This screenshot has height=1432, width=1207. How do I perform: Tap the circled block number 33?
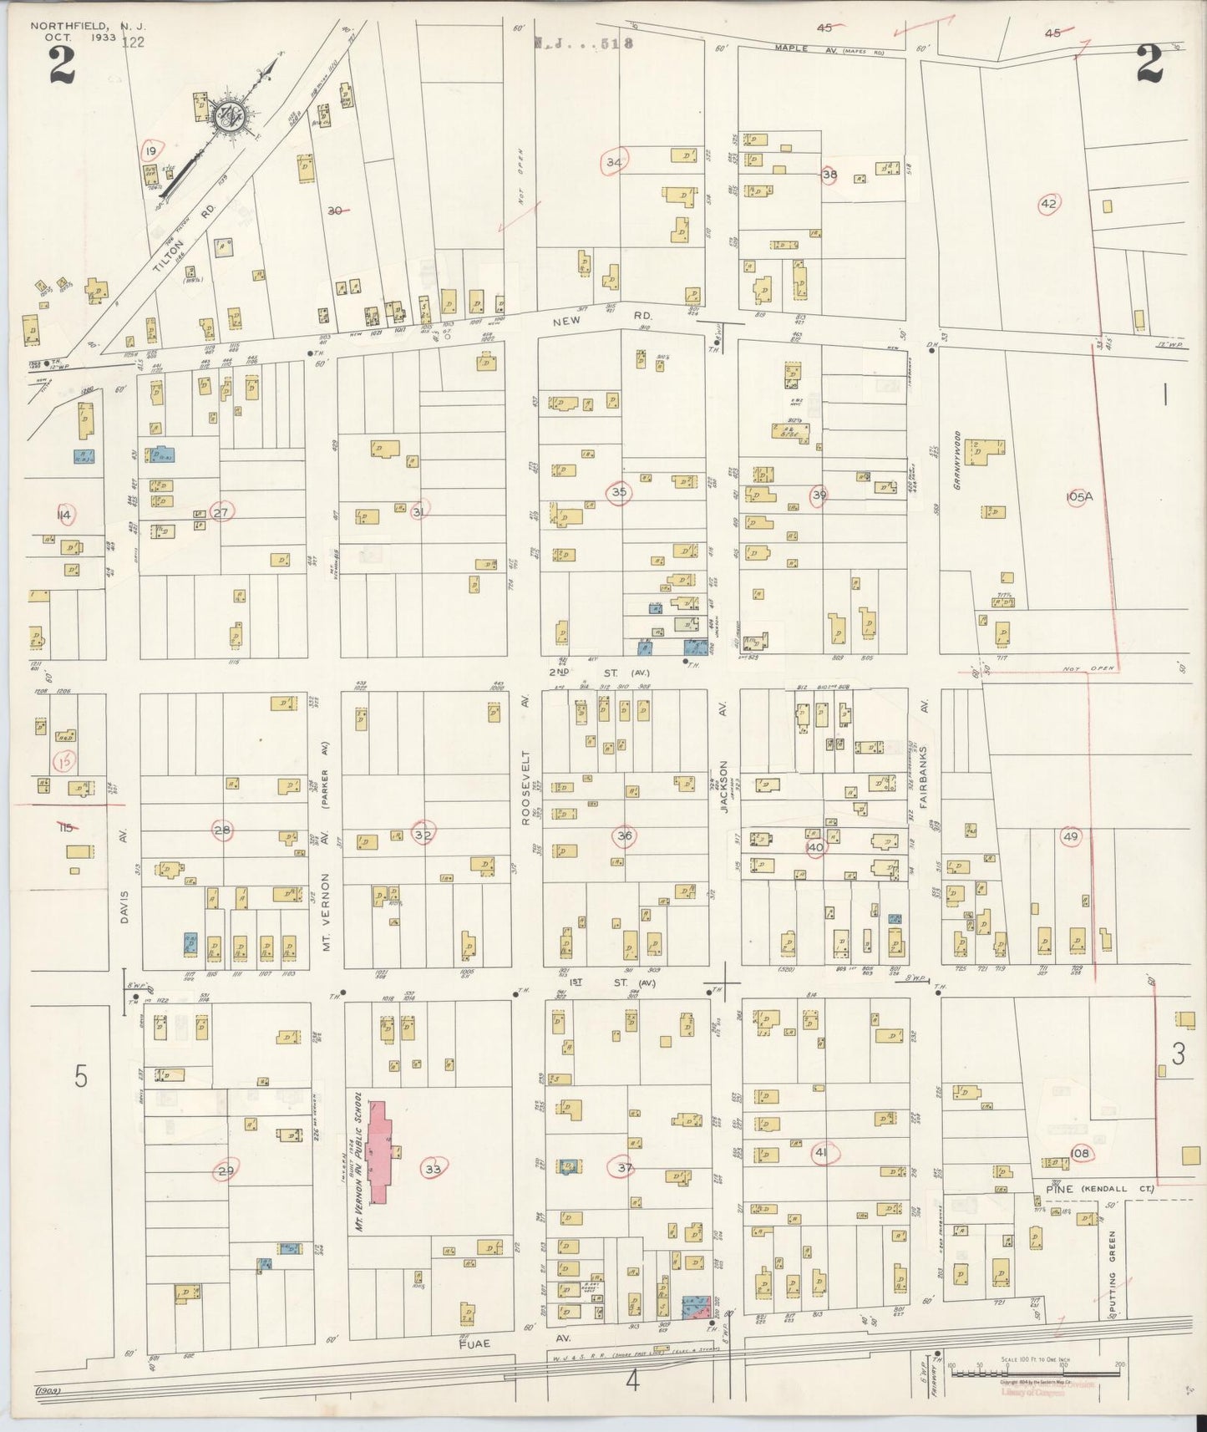point(433,1169)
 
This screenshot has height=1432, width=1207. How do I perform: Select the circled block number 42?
point(1049,203)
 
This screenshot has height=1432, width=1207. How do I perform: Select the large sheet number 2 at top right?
point(1149,63)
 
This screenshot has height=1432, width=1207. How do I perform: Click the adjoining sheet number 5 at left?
point(80,1077)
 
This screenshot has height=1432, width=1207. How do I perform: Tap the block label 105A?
point(1079,496)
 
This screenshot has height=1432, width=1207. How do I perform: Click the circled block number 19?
point(150,150)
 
